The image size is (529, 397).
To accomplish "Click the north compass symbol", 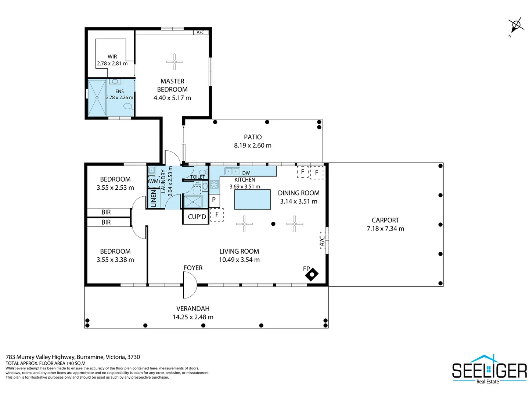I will (x=516, y=25).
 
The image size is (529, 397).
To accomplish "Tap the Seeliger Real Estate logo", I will (x=489, y=370).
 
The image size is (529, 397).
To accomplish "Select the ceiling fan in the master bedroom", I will (x=174, y=62).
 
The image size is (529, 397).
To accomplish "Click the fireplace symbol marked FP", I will (x=312, y=274).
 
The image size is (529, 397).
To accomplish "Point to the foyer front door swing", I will (x=190, y=285).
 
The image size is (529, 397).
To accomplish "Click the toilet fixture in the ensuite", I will (x=128, y=106).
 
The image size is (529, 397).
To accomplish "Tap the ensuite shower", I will (x=97, y=98).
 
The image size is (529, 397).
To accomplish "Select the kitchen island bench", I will (x=252, y=200).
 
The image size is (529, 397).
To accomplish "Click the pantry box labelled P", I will (x=214, y=200).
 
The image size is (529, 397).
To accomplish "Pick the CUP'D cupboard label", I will (x=197, y=217).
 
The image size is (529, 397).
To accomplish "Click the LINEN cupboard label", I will (x=154, y=198).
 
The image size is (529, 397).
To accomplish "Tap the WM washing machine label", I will (x=154, y=181).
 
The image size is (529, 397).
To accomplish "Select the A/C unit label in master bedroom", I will (x=201, y=32).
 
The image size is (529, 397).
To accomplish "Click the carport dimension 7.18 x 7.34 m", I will (x=385, y=229).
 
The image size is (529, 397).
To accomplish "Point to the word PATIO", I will (x=253, y=137).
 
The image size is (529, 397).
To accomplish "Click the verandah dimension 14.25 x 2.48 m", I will (x=193, y=317).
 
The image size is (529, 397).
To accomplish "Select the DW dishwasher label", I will (x=246, y=173).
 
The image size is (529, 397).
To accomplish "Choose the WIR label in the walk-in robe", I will (x=112, y=57).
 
